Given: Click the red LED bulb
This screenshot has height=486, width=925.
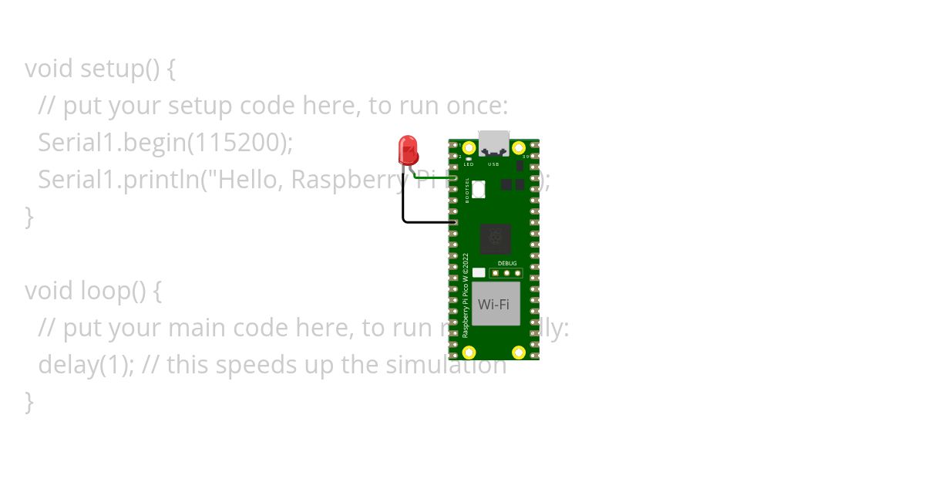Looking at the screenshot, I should pos(408,149).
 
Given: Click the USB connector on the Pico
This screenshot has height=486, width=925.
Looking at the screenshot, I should pos(493,143).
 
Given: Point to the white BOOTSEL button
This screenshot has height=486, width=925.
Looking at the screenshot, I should pos(478,188).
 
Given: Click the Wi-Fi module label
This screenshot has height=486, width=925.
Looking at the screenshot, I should pos(493,304).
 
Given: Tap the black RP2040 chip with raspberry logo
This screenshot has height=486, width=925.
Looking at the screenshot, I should pos(495,238).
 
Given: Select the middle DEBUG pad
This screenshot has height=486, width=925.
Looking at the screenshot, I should pos(506,272).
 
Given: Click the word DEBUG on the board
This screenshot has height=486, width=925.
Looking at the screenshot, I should pos(506,263).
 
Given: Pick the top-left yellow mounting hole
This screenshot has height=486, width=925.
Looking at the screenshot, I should pos(469,147).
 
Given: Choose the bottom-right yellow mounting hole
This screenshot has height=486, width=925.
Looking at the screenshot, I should pos(519,353).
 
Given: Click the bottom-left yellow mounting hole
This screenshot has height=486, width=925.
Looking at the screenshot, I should pos(469,353).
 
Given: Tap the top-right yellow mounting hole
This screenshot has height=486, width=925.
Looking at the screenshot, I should pos(519,147).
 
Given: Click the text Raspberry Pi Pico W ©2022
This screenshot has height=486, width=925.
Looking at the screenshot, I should pos(466,295).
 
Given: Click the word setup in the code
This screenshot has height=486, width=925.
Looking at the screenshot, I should pos(112,69).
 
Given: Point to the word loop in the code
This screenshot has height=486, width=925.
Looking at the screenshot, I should pos(103,291).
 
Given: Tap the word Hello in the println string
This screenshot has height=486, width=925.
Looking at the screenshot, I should pos(251,180).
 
